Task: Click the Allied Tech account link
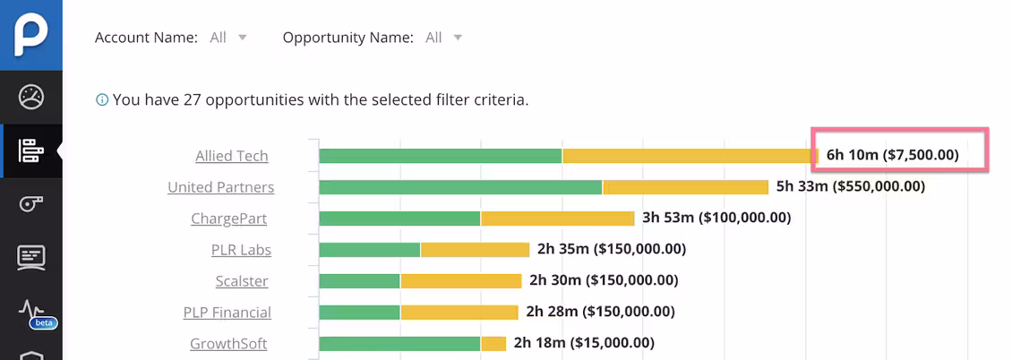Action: click(231, 156)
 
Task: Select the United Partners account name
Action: click(220, 187)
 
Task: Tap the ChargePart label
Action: click(228, 219)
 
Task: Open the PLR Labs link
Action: click(241, 250)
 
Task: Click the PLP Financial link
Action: click(227, 313)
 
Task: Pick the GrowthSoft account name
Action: click(228, 344)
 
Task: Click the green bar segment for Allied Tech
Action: click(440, 156)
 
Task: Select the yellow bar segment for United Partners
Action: click(685, 187)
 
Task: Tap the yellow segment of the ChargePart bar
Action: click(557, 219)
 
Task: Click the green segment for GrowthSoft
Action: click(399, 344)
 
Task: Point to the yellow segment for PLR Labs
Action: click(475, 250)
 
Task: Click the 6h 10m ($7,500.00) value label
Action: click(892, 155)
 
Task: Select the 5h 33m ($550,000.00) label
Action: click(850, 186)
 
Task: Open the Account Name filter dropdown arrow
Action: click(242, 38)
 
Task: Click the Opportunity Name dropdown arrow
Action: click(458, 38)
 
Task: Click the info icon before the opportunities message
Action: click(102, 99)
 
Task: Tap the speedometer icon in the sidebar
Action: click(31, 97)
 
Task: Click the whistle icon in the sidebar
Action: click(31, 204)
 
